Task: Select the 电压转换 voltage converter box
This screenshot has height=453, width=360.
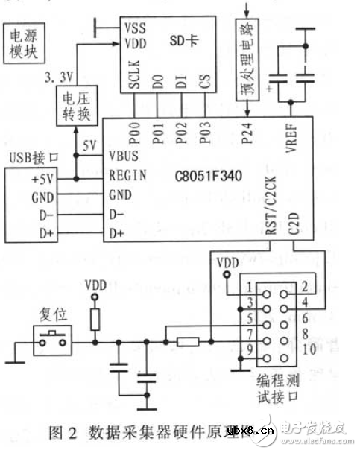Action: [x=72, y=106]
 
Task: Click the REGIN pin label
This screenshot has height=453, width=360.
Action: [x=127, y=176]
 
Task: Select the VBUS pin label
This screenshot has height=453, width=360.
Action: [x=124, y=157]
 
